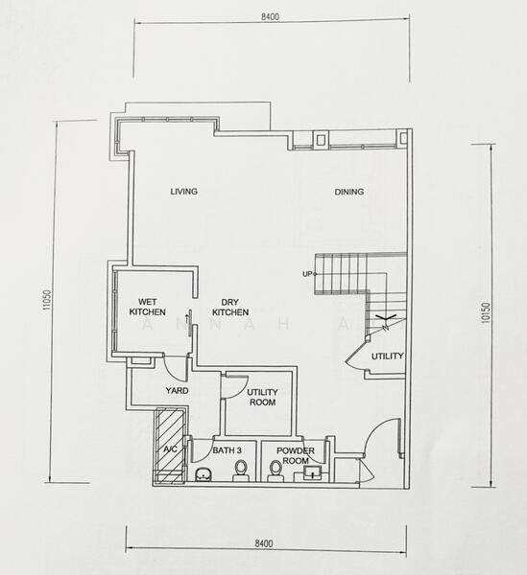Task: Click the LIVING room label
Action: (183, 192)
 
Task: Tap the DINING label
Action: (349, 192)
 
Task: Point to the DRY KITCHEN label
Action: (230, 306)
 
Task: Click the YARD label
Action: (177, 391)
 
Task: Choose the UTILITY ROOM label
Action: (261, 397)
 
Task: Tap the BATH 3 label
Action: (227, 450)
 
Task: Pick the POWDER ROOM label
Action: (296, 455)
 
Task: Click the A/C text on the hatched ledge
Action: (170, 448)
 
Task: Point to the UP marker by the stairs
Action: (307, 274)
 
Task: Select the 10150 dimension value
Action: (487, 314)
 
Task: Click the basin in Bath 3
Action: (203, 473)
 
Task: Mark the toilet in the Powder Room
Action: (276, 470)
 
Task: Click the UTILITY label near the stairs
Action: (388, 356)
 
